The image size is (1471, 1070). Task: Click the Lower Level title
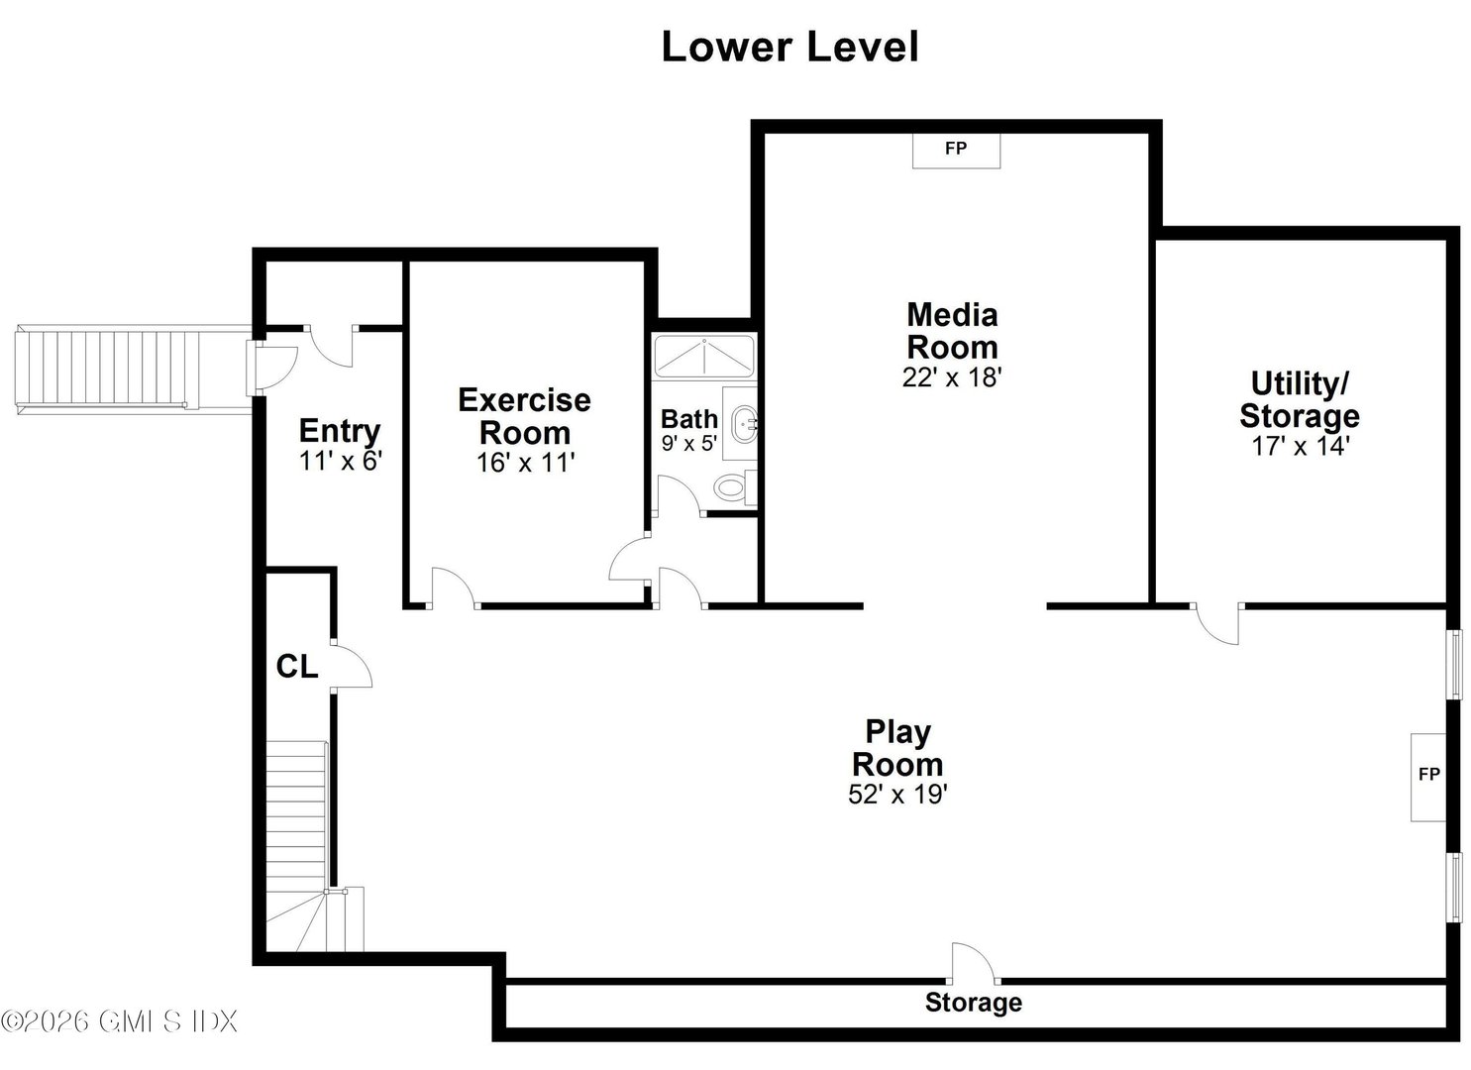point(789,47)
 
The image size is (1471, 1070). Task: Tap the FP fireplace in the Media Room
point(956,150)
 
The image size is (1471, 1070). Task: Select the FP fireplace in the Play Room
point(1427,776)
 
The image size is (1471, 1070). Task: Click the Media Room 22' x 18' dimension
point(952,377)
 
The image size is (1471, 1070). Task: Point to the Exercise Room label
point(524,416)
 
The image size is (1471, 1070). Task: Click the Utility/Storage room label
point(1300,399)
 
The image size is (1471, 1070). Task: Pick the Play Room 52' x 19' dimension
point(897,795)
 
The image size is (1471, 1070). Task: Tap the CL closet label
point(296,667)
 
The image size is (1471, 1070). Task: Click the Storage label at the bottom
point(973,1003)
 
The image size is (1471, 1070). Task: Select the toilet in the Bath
point(733,487)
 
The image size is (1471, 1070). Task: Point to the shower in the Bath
point(704,357)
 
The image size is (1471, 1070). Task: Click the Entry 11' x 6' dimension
point(341,461)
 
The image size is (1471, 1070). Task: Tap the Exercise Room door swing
point(452,587)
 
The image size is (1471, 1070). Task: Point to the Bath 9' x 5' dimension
point(688,444)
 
